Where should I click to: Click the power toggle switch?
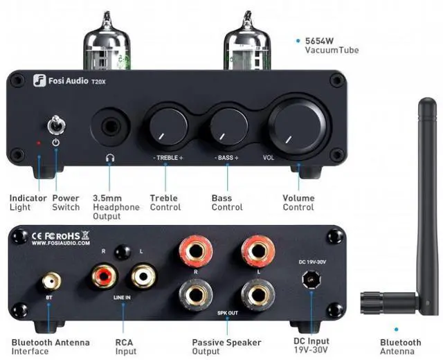tap(55, 126)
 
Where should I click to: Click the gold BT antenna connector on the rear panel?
tap(49, 281)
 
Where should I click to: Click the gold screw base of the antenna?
tap(376, 303)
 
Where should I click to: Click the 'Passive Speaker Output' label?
tap(226, 346)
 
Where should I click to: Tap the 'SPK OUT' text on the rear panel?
tap(228, 313)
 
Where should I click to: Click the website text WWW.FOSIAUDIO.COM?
tap(60, 243)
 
